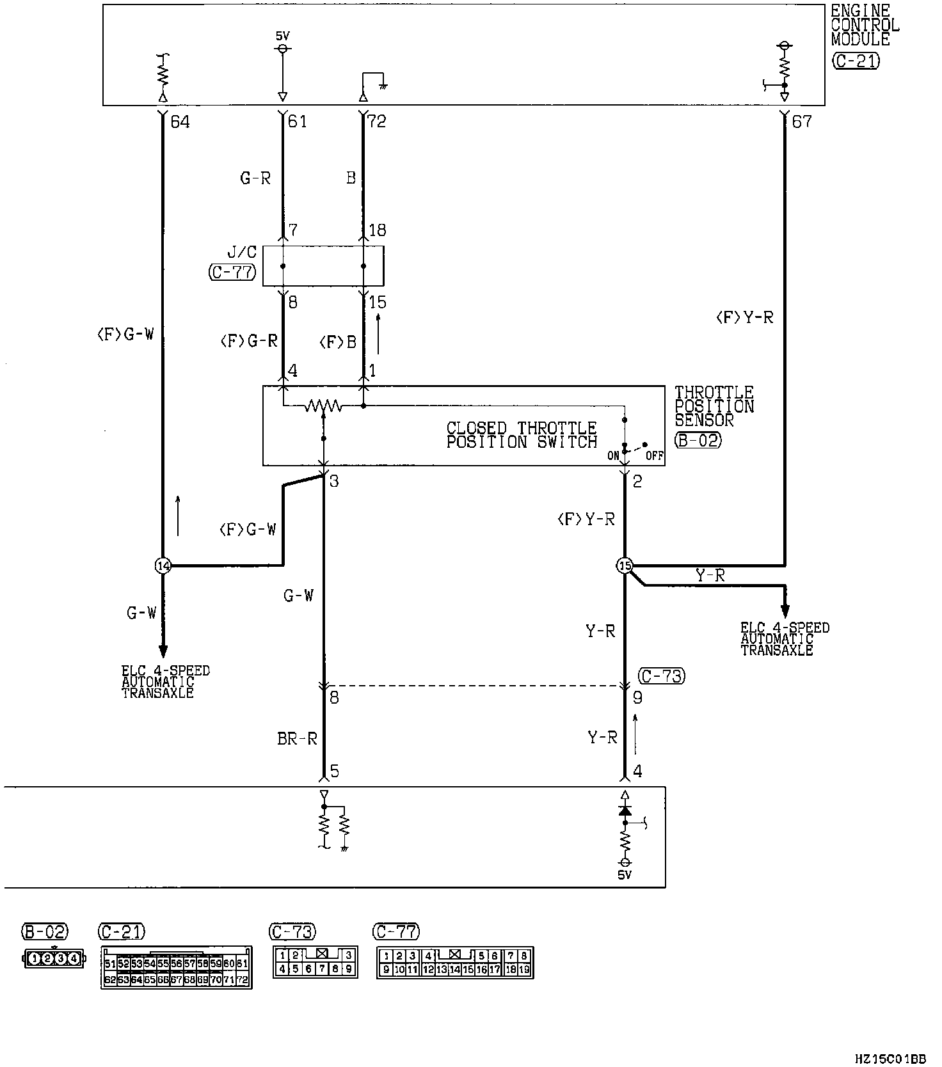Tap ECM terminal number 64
[x=180, y=122]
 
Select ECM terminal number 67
[x=801, y=122]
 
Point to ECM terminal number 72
[x=377, y=122]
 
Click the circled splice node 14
[x=163, y=565]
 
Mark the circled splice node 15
[x=625, y=565]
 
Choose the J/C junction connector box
[x=323, y=265]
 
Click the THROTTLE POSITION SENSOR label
[x=714, y=406]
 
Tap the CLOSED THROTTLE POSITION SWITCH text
[x=522, y=435]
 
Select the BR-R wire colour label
[x=297, y=739]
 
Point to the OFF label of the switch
[x=654, y=456]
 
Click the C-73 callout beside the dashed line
[x=662, y=676]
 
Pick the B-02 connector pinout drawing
[x=54, y=958]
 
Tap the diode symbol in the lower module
[x=625, y=810]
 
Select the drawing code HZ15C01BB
[x=890, y=1059]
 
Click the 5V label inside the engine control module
[x=282, y=36]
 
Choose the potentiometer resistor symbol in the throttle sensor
[x=323, y=406]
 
